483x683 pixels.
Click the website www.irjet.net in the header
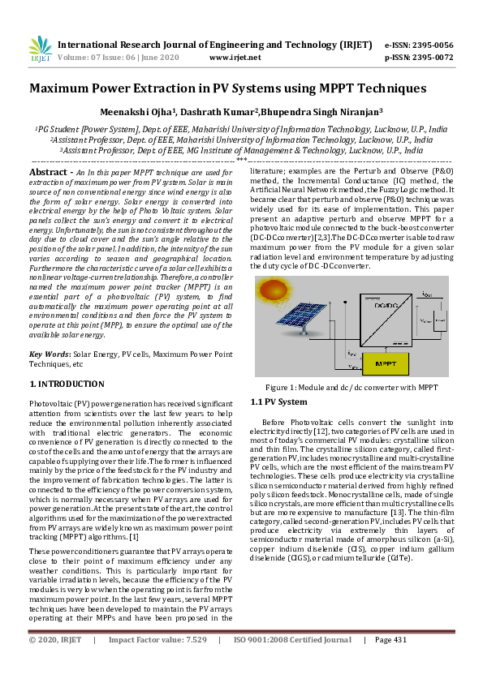click(235, 58)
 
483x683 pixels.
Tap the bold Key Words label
click(49, 354)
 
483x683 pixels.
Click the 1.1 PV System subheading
click(278, 402)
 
